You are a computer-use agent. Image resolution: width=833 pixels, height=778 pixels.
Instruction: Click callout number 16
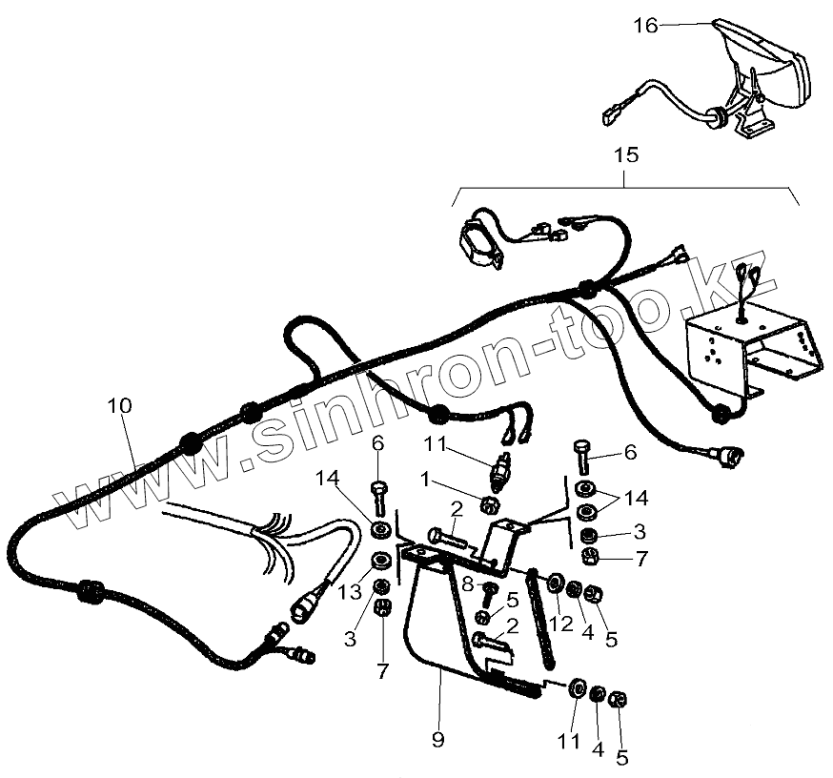645,26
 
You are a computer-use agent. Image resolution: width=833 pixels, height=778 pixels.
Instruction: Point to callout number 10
119,405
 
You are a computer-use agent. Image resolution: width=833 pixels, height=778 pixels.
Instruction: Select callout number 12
562,624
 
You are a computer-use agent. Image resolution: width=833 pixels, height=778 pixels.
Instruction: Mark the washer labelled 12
553,582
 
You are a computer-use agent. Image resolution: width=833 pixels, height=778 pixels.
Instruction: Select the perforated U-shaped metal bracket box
753,348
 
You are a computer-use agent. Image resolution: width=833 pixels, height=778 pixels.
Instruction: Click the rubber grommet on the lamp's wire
716,116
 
